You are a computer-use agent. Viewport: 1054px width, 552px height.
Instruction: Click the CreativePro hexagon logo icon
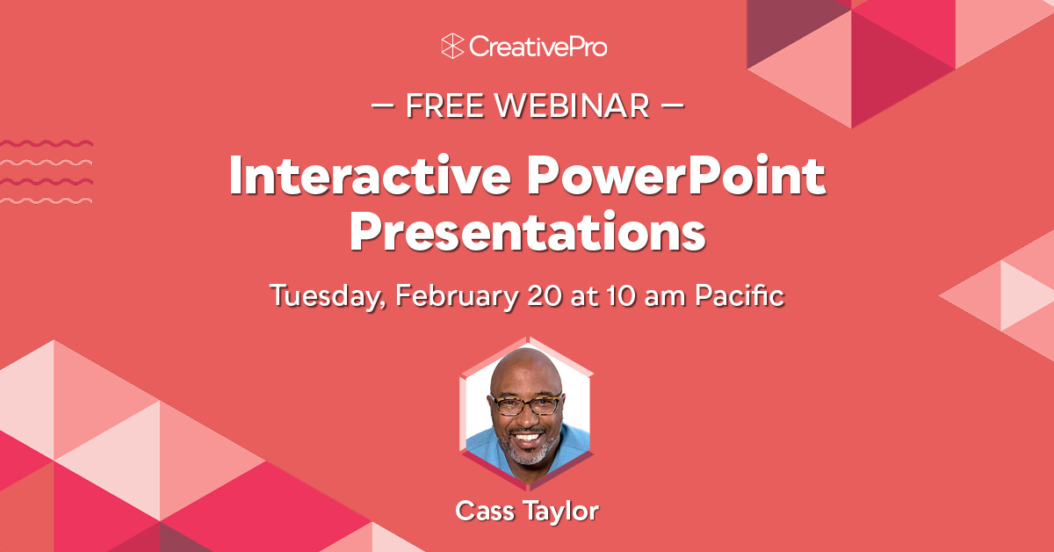coord(452,46)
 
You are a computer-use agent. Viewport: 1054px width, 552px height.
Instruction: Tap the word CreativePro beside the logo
coord(538,46)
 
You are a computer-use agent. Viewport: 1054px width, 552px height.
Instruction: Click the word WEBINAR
coord(572,105)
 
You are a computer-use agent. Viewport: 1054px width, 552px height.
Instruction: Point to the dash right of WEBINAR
coord(670,105)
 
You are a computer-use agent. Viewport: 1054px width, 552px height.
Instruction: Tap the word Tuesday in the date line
coord(328,295)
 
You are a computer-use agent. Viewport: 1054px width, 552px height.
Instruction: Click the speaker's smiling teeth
coord(527,435)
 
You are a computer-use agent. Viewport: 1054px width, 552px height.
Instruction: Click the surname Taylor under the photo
coord(563,511)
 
